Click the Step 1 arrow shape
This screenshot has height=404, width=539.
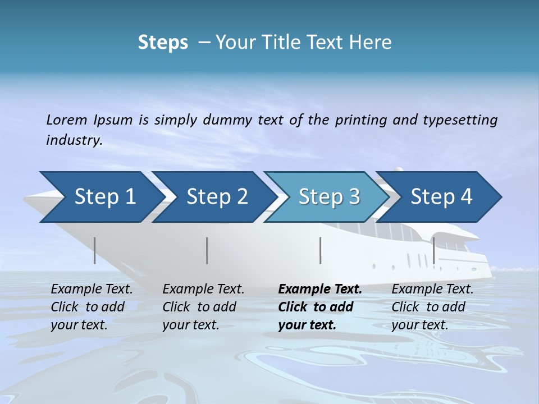(101, 197)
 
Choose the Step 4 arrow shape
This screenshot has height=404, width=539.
(441, 197)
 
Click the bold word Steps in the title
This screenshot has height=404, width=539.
(163, 43)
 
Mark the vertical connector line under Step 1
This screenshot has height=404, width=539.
(94, 250)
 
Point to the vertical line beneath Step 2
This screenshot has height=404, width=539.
(207, 250)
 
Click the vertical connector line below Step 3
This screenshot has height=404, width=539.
(321, 250)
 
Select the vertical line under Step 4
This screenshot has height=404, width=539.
(434, 250)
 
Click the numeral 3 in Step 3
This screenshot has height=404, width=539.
(354, 197)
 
